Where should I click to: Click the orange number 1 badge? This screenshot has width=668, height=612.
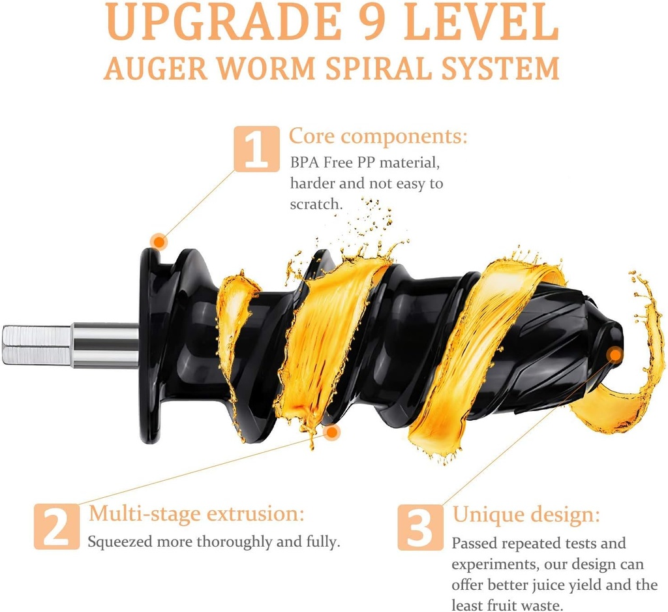point(256,149)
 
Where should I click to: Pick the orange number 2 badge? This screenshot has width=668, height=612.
point(56,525)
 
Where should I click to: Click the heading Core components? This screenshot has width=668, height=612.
point(378,137)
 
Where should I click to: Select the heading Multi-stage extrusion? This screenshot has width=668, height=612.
point(196,513)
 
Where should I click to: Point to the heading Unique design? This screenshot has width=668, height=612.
point(526,515)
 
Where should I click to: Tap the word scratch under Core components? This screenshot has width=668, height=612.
point(315,204)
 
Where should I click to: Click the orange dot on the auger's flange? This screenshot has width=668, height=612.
point(159,241)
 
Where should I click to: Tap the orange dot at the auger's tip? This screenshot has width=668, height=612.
point(615,355)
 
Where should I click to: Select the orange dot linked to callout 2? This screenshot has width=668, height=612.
point(332,432)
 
